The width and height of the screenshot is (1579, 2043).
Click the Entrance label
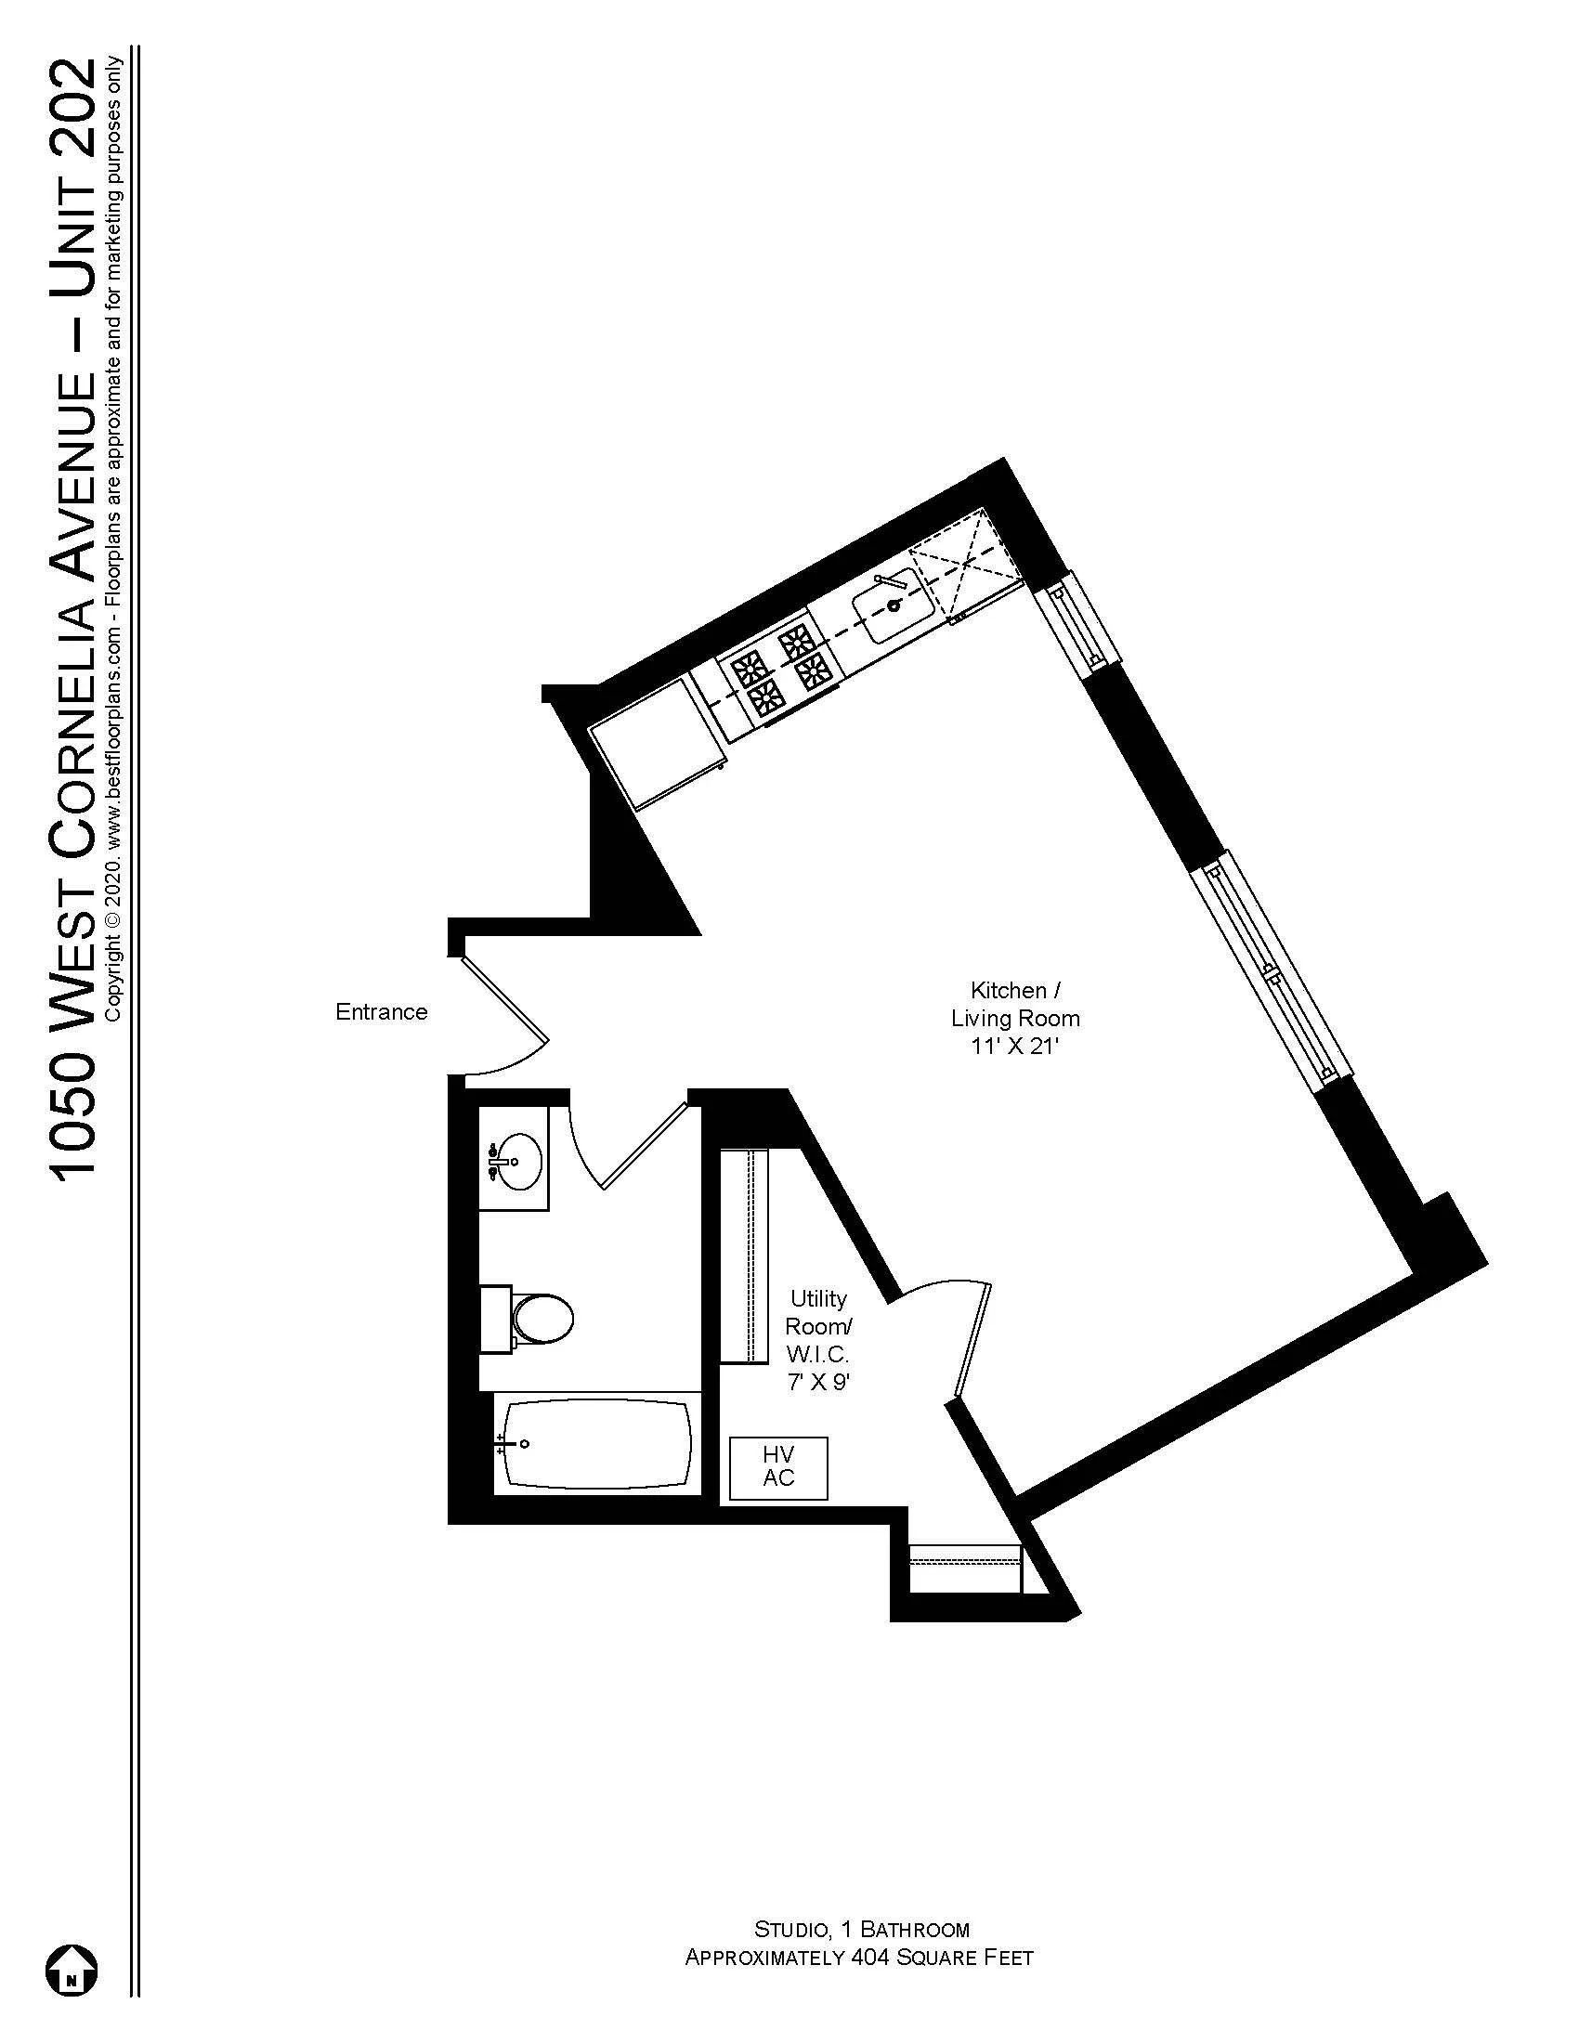click(381, 1011)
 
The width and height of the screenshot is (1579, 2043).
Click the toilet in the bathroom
click(542, 1319)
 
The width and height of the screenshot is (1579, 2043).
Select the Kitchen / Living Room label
click(1015, 1004)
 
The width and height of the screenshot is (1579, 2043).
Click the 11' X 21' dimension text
click(1014, 1047)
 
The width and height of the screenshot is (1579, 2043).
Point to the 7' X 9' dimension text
click(817, 1382)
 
